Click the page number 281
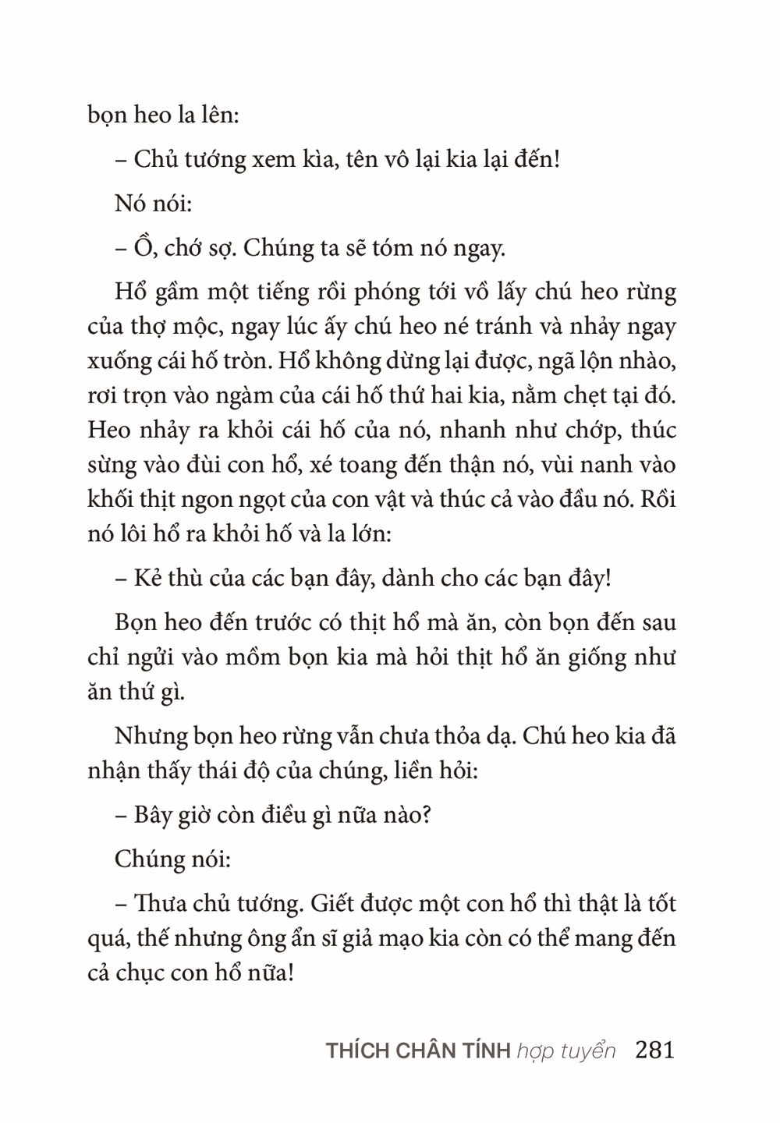[654, 1050]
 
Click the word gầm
[179, 294]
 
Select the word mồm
[256, 658]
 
